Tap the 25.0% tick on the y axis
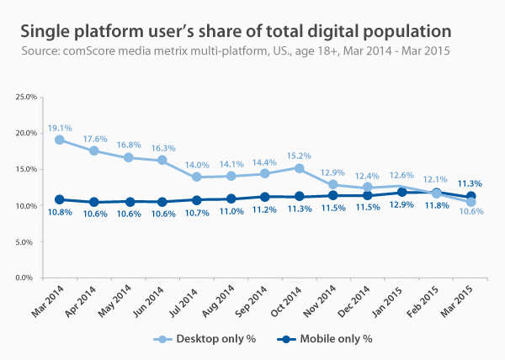point(25,97)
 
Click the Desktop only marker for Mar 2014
point(60,140)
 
